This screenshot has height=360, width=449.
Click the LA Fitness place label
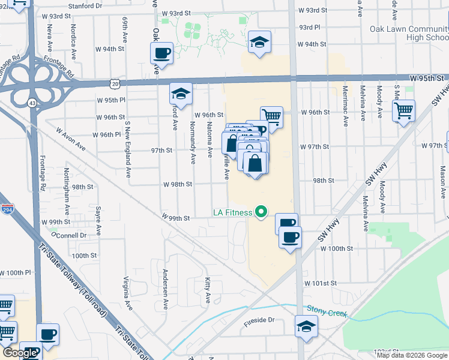click(232, 212)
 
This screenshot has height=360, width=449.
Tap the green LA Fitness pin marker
click(261, 212)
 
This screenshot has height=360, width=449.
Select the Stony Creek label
click(327, 309)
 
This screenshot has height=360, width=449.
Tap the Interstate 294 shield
click(7, 209)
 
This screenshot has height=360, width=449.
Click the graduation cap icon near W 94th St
click(259, 42)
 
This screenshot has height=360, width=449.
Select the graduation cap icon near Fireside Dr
click(306, 326)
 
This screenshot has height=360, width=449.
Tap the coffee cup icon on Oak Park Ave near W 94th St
click(161, 53)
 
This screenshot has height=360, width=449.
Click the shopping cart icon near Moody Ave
click(403, 110)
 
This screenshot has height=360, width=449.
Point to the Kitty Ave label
click(208, 289)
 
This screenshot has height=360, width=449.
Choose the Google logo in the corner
click(20, 353)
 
